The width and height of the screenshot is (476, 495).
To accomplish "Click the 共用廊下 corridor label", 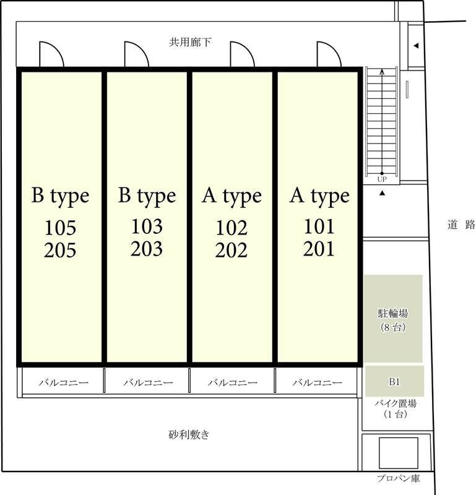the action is [190, 42].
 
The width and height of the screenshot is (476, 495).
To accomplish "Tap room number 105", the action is [60, 228].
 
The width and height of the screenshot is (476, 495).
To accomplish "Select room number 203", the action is [147, 249].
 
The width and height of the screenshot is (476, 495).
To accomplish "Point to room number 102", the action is [232, 228].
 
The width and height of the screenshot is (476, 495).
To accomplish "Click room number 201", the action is [319, 249].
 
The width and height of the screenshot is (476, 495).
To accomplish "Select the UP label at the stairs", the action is [382, 179].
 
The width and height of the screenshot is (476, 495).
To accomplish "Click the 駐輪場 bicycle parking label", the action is [393, 313].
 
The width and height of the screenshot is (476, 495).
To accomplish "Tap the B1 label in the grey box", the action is [394, 382].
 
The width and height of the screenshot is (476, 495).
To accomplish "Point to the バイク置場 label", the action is [396, 403].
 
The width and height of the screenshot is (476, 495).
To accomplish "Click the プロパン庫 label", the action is [399, 478].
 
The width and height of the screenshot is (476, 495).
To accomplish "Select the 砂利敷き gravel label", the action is [189, 435].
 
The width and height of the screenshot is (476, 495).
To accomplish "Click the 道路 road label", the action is [462, 225].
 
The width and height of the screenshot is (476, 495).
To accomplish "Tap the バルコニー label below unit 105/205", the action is [64, 382].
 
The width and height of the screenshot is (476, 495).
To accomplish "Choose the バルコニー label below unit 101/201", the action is [317, 382].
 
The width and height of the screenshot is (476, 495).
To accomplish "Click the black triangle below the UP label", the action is [382, 193].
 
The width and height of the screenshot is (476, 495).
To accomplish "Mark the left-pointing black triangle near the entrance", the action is [416, 45].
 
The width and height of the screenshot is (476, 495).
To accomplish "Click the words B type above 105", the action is [60, 196].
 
